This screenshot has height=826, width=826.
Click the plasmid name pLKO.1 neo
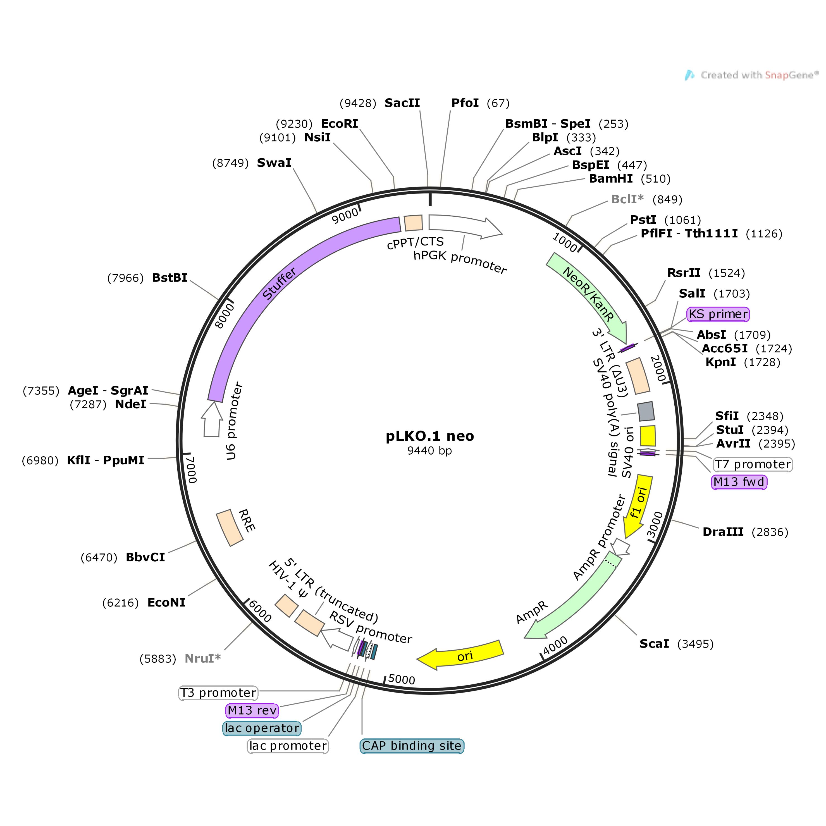pos(430,436)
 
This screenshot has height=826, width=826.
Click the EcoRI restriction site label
pos(340,123)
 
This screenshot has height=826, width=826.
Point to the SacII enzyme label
pos(402,103)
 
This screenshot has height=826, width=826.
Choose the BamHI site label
pos(610,179)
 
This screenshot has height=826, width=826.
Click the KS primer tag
pos(718,314)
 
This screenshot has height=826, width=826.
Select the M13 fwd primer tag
pos(739,482)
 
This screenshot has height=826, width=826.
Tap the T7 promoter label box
pos(753,464)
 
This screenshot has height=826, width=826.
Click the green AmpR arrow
pos(573,598)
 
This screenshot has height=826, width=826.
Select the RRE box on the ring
pos(230,527)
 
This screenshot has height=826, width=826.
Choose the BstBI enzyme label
pos(170,278)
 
